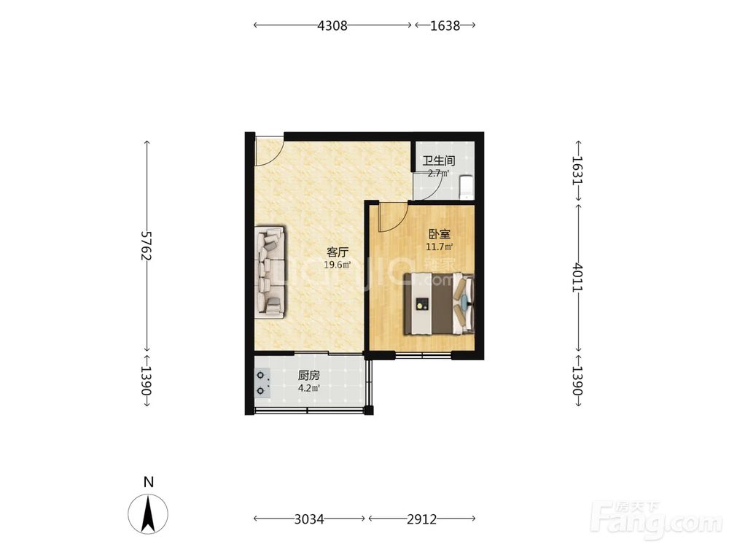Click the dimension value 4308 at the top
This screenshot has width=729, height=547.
(x=332, y=26)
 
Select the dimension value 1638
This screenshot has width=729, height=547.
(x=445, y=26)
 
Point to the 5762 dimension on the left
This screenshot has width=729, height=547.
(x=147, y=246)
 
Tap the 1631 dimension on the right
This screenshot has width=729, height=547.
(x=577, y=170)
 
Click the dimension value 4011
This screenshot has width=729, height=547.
(x=577, y=277)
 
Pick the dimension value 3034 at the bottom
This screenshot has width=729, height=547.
(x=309, y=519)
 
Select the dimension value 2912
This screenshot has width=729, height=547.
(x=421, y=519)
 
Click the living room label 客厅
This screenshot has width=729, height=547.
(x=338, y=252)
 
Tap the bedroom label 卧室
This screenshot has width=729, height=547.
(x=440, y=234)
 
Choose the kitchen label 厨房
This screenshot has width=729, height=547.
(x=308, y=375)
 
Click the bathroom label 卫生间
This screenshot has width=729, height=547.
(x=438, y=161)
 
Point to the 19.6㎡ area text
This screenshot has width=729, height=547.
(x=338, y=265)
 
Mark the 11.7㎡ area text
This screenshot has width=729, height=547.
(x=440, y=247)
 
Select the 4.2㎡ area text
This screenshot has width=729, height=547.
(x=308, y=387)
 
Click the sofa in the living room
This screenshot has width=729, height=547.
(x=270, y=273)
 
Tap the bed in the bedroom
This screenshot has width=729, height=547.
(x=439, y=303)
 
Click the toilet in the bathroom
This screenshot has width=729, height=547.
(x=465, y=187)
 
